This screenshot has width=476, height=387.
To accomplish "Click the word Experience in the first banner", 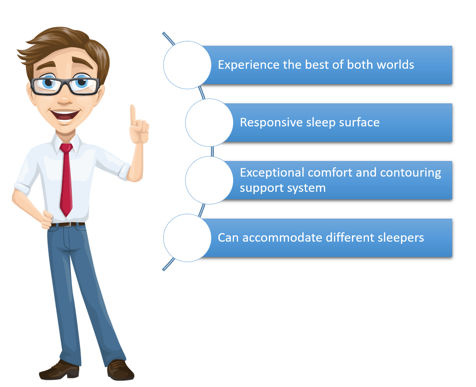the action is (248, 65).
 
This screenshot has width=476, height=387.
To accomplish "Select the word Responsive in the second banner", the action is (271, 123).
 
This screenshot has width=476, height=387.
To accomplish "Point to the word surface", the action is (359, 122).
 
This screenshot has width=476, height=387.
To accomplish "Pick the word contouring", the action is (411, 173).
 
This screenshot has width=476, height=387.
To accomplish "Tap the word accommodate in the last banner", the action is (283, 238).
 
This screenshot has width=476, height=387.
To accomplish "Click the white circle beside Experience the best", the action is (187, 65).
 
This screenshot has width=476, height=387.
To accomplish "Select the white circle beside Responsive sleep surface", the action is (209, 123).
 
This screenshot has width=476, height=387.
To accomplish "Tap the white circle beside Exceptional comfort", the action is (209, 180).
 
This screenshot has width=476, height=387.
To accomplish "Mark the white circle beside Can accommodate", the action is (187, 238).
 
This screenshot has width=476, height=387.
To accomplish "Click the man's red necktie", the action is (66, 179).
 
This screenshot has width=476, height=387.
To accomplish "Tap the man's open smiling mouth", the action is (65, 115).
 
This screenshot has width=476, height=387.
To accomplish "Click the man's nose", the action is (65, 100).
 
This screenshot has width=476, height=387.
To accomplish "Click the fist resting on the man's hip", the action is (47, 220).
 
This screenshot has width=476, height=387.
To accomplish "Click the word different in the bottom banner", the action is (350, 238).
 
